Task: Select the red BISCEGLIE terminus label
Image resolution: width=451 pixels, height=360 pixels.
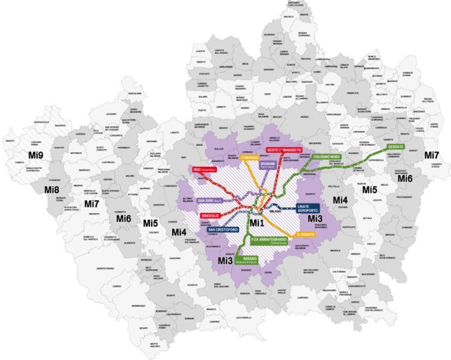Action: [x=212, y=215]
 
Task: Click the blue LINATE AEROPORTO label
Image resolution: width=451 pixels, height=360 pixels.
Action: [x=312, y=208]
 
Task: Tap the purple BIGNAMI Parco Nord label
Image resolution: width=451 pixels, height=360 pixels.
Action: [x=268, y=164]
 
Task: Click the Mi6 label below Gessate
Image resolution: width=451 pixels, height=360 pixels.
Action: [x=406, y=178]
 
